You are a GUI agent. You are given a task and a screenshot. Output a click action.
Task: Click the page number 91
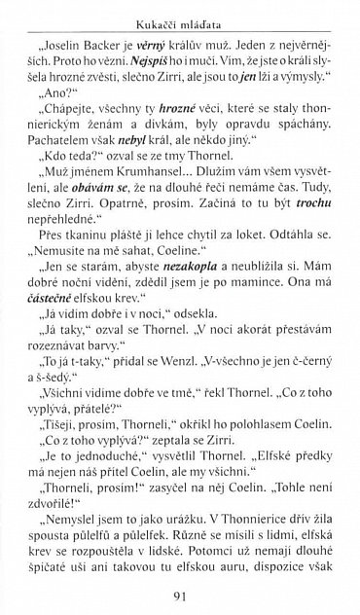(182, 596)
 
